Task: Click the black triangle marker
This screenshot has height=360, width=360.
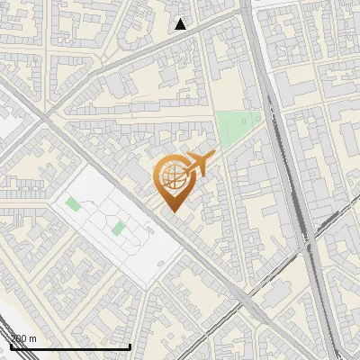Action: click(x=181, y=24)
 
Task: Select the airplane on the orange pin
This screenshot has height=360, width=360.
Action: click(x=198, y=164)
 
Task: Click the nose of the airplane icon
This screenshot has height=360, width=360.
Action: click(x=213, y=157)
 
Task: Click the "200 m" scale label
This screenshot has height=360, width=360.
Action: click(x=23, y=337)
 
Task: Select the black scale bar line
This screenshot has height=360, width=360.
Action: click(x=70, y=346)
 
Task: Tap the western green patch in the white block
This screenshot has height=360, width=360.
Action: click(x=73, y=203)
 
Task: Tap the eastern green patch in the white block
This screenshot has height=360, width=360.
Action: click(x=118, y=228)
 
